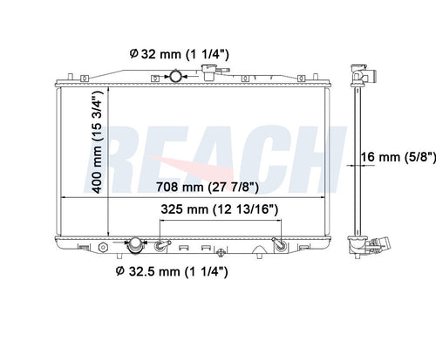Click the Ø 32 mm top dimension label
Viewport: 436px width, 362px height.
click(179, 54)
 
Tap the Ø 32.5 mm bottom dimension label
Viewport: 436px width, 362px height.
click(172, 271)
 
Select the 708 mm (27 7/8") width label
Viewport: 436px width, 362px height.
click(208, 187)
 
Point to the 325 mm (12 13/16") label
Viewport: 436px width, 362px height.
click(220, 209)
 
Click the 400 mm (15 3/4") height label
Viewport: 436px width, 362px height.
click(98, 142)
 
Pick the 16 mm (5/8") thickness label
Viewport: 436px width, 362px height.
click(399, 157)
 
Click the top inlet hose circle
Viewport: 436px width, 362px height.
click(175, 76)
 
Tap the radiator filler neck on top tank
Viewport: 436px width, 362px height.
click(209, 72)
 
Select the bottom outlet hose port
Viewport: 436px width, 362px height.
click(135, 245)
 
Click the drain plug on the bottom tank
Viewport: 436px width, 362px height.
click(221, 252)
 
